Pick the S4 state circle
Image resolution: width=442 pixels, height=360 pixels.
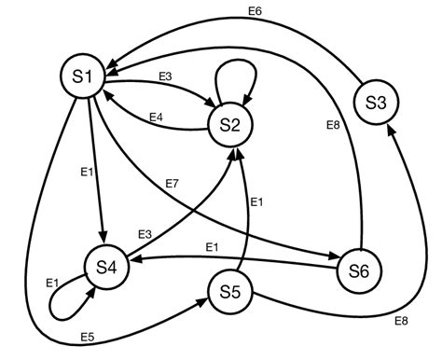pos(106,268)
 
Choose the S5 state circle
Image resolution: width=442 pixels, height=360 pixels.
pos(230,291)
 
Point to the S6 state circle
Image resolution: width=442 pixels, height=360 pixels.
pos(359,271)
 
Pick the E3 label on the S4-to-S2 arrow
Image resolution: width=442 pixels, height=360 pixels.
pos(145,233)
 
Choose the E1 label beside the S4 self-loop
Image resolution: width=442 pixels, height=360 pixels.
pos(52,279)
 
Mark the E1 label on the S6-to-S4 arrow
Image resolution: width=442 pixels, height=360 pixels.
pos(212,247)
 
